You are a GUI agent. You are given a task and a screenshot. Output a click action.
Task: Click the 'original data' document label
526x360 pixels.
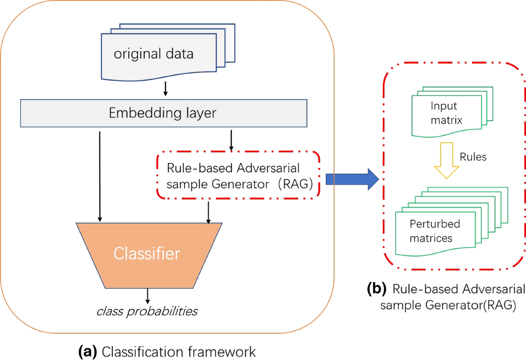point(153,55)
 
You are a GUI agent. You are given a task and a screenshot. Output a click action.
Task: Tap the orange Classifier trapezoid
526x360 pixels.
point(147,254)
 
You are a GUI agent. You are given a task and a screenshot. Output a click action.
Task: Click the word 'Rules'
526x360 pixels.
point(474,157)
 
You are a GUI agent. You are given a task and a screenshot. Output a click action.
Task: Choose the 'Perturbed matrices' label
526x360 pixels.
point(434,231)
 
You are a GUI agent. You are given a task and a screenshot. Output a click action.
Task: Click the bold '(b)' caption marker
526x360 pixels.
point(377,289)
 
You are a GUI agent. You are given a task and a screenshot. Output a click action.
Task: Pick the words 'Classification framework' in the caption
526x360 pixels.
point(178,351)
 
